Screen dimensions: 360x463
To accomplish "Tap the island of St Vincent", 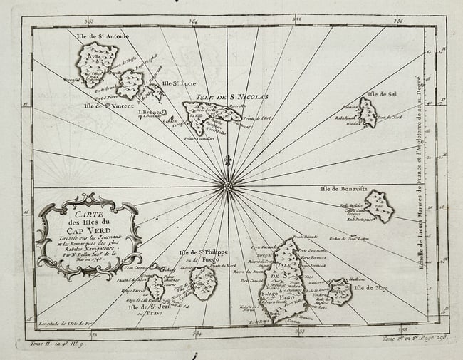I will [x=130, y=84].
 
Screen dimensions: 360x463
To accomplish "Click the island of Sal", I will [x=367, y=112].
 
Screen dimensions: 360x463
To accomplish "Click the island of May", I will [x=339, y=291].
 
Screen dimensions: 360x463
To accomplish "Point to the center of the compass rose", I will [x=228, y=187].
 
